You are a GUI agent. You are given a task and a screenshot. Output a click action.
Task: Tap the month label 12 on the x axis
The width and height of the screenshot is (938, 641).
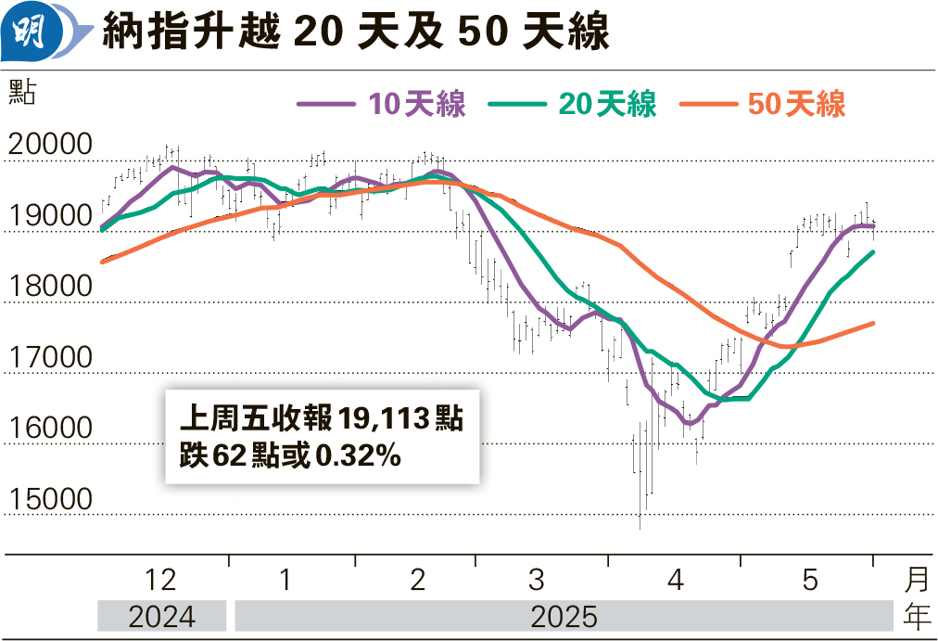[160, 581]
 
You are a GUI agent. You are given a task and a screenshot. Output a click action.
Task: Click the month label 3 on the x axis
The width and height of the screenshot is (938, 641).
[536, 581]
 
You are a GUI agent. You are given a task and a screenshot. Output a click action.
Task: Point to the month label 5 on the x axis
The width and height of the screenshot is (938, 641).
[810, 581]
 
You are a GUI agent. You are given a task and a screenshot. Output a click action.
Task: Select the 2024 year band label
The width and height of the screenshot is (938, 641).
[162, 616]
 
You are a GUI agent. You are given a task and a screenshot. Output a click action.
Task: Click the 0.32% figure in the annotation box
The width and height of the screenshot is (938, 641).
[357, 455]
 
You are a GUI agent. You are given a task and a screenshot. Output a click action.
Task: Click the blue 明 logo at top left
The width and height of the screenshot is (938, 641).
[34, 33]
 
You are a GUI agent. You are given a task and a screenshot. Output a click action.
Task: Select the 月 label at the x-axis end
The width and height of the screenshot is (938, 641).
[916, 581]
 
